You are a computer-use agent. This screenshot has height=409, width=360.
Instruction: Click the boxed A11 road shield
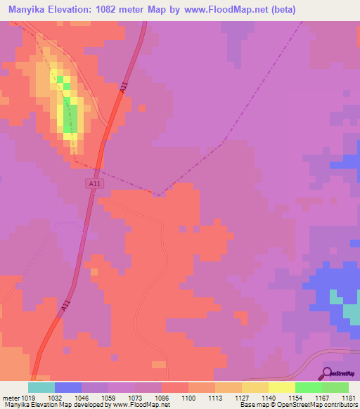pyautogui.click(x=95, y=184)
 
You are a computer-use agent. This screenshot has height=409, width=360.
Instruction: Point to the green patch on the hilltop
pyautogui.click(x=68, y=114)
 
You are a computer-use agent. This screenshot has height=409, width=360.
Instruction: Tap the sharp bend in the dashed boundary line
pyautogui.click(x=161, y=194)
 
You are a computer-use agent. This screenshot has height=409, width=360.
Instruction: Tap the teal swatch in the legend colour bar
pyautogui.click(x=41, y=387)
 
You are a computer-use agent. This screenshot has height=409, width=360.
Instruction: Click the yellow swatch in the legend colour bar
pyautogui.click(x=282, y=387)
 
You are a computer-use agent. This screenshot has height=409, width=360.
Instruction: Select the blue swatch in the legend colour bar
pyautogui.click(x=68, y=387)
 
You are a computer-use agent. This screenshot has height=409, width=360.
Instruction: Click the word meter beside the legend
pyautogui.click(x=11, y=397)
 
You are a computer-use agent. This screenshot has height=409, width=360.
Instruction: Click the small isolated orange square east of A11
pyautogui.click(x=142, y=108)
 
